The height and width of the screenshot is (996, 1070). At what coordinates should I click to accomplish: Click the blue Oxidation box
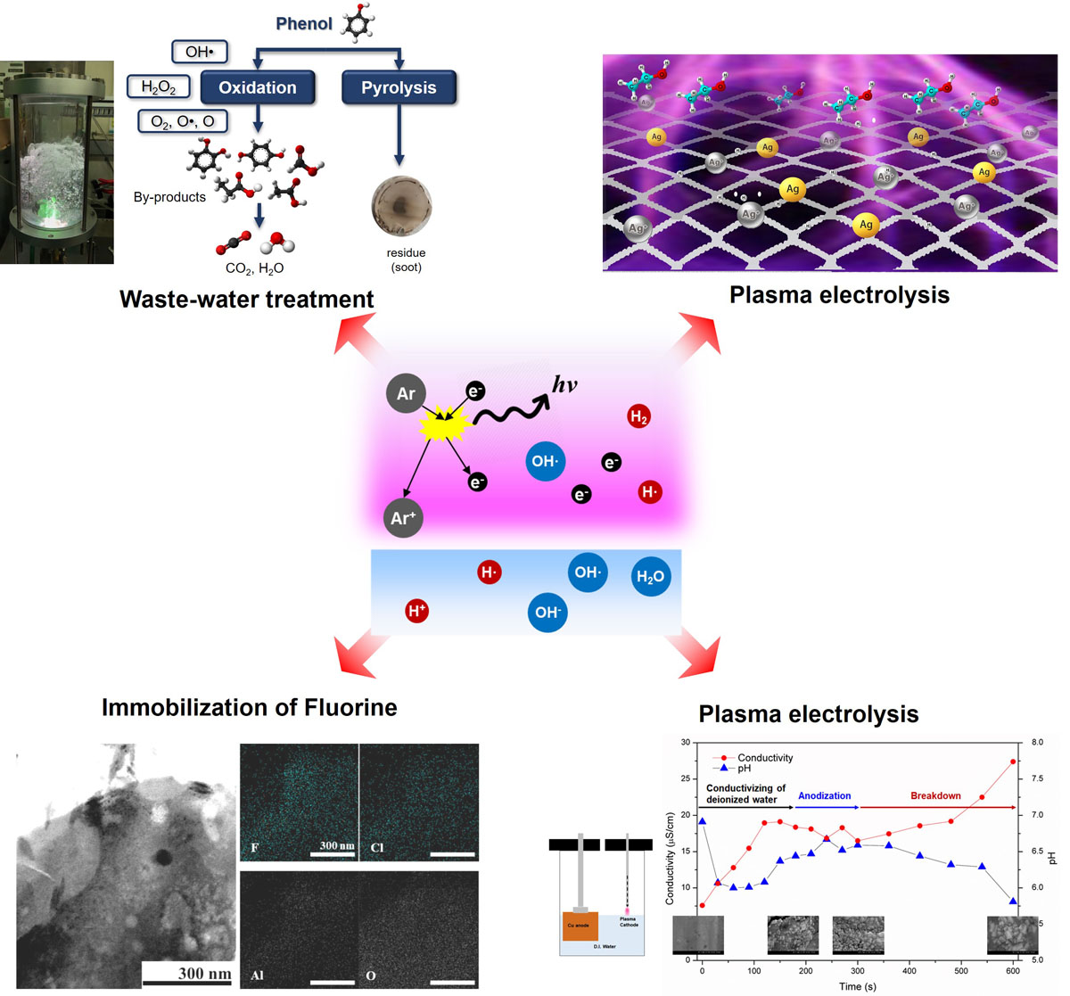[x=258, y=87]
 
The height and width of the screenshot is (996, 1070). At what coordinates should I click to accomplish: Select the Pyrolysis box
[x=399, y=87]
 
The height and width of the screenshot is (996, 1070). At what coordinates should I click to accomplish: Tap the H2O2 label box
[x=159, y=86]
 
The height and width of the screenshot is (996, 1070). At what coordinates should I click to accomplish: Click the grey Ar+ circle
[x=403, y=518]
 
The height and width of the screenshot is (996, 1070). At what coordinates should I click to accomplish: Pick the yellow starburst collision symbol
[x=445, y=425]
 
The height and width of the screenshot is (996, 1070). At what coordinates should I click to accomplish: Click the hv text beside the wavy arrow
[x=565, y=385]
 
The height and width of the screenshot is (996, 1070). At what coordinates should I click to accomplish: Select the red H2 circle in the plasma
[x=638, y=416]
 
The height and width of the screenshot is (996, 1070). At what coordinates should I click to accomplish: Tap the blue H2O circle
[x=650, y=577]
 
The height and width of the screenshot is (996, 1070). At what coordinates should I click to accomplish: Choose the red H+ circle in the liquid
[x=416, y=611]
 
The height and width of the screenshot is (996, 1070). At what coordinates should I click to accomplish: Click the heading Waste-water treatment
[x=247, y=299]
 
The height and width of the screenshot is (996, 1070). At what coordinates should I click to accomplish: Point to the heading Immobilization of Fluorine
[x=250, y=708]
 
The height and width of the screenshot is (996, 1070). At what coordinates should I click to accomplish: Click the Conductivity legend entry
[x=764, y=758]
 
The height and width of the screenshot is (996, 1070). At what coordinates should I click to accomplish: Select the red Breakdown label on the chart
[x=935, y=795]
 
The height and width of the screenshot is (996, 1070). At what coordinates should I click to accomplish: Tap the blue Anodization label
[x=824, y=795]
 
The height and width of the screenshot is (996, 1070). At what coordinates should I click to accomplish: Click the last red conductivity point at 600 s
[x=1013, y=761]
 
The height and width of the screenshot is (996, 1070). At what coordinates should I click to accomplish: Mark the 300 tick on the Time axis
[x=858, y=971]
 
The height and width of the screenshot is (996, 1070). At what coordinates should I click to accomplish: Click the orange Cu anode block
[x=580, y=926]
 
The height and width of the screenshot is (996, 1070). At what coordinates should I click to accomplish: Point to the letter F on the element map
[x=255, y=847]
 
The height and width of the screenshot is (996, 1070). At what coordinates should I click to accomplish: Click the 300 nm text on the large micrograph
[x=204, y=973]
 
